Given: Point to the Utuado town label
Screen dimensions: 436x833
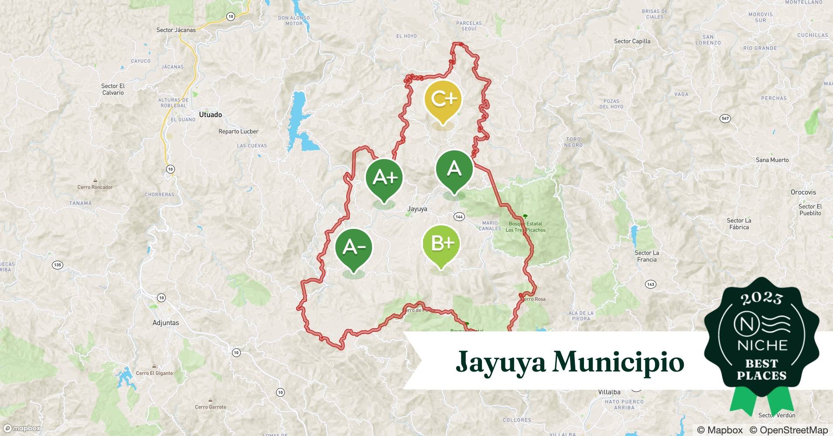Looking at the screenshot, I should click(210, 115).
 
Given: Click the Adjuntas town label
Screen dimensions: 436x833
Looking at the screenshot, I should click(166, 323).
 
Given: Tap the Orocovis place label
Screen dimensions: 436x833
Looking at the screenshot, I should click(803, 192).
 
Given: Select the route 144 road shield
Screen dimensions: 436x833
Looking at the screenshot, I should click(459, 217).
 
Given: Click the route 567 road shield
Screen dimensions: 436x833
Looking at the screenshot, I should click(725, 119).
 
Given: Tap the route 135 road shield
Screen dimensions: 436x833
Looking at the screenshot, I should click(57, 265).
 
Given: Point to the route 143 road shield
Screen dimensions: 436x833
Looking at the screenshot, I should click(650, 284).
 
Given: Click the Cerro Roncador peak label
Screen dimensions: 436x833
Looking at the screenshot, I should click(95, 187).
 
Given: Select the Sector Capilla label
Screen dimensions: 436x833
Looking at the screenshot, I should click(632, 41).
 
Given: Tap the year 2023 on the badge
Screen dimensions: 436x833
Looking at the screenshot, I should click(761, 298).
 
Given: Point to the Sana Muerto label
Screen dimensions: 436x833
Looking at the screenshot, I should click(772, 160).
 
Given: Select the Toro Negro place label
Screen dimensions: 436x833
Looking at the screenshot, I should click(573, 142).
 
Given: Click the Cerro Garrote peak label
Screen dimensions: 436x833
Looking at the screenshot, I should click(211, 407).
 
